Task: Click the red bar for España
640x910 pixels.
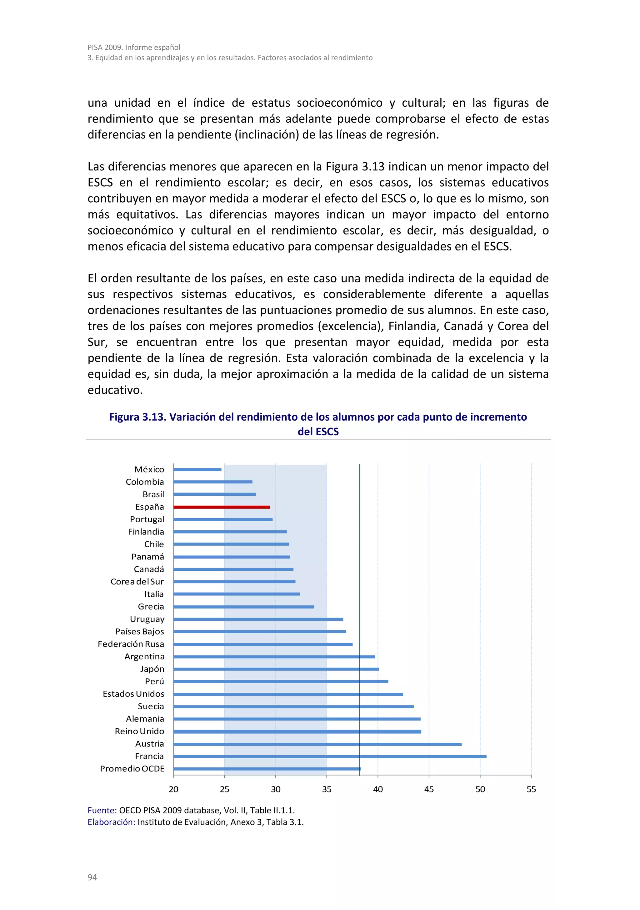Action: click(222, 507)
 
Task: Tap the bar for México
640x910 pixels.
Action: click(197, 469)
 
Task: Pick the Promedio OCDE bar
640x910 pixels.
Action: click(267, 769)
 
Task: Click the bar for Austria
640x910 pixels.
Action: click(317, 744)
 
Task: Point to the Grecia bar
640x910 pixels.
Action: click(243, 606)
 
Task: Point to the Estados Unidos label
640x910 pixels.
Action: click(133, 694)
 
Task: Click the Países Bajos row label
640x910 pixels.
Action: click(139, 631)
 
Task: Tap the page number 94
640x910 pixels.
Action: click(92, 877)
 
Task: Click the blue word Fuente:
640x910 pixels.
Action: click(102, 810)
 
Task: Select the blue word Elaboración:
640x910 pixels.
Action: click(111, 822)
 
